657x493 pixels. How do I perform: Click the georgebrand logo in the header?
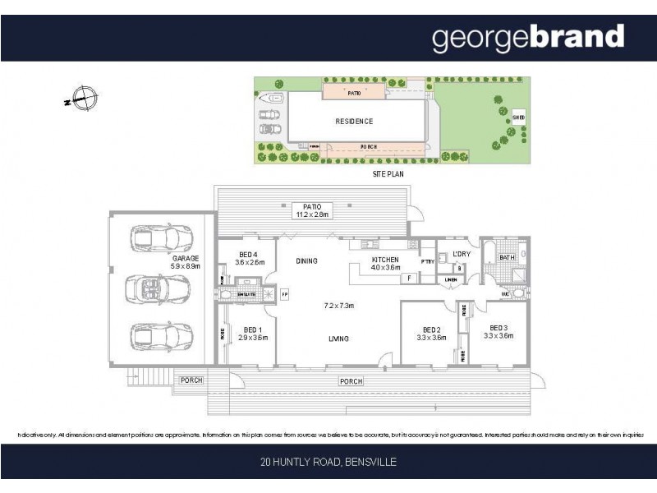(x=528, y=38)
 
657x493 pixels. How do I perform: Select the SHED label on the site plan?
(x=518, y=118)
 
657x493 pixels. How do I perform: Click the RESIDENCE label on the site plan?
(x=354, y=122)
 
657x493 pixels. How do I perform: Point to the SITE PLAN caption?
(x=388, y=175)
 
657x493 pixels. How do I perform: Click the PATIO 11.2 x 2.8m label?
(x=312, y=211)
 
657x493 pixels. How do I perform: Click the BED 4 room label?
(x=249, y=258)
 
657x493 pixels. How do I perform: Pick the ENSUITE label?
(x=246, y=293)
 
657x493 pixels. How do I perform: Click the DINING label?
(x=307, y=261)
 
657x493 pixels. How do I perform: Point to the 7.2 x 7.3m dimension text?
(x=338, y=306)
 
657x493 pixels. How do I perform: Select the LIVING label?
(x=338, y=339)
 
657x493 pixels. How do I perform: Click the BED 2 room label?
(x=431, y=332)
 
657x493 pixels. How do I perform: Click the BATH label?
(x=507, y=258)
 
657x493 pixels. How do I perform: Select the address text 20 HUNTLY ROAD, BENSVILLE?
(x=328, y=463)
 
